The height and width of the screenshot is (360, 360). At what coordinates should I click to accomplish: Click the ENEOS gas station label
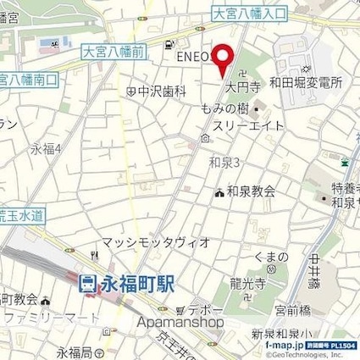click(192, 56)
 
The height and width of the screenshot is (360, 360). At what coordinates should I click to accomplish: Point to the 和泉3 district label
click(226, 163)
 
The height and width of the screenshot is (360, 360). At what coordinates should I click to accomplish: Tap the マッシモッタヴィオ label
click(156, 242)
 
